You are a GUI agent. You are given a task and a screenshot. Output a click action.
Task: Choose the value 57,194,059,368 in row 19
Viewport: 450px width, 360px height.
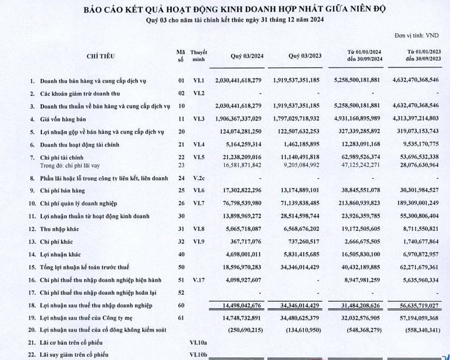tap(414, 318)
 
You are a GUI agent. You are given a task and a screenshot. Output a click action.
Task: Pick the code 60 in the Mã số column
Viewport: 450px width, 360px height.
tap(181, 305)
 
